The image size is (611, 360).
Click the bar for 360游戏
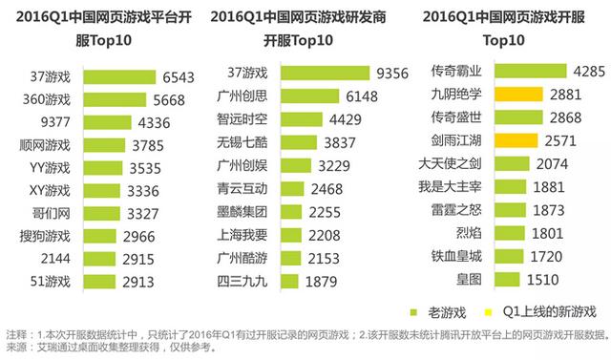tap(110, 99)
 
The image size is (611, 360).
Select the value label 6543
tap(179, 76)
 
